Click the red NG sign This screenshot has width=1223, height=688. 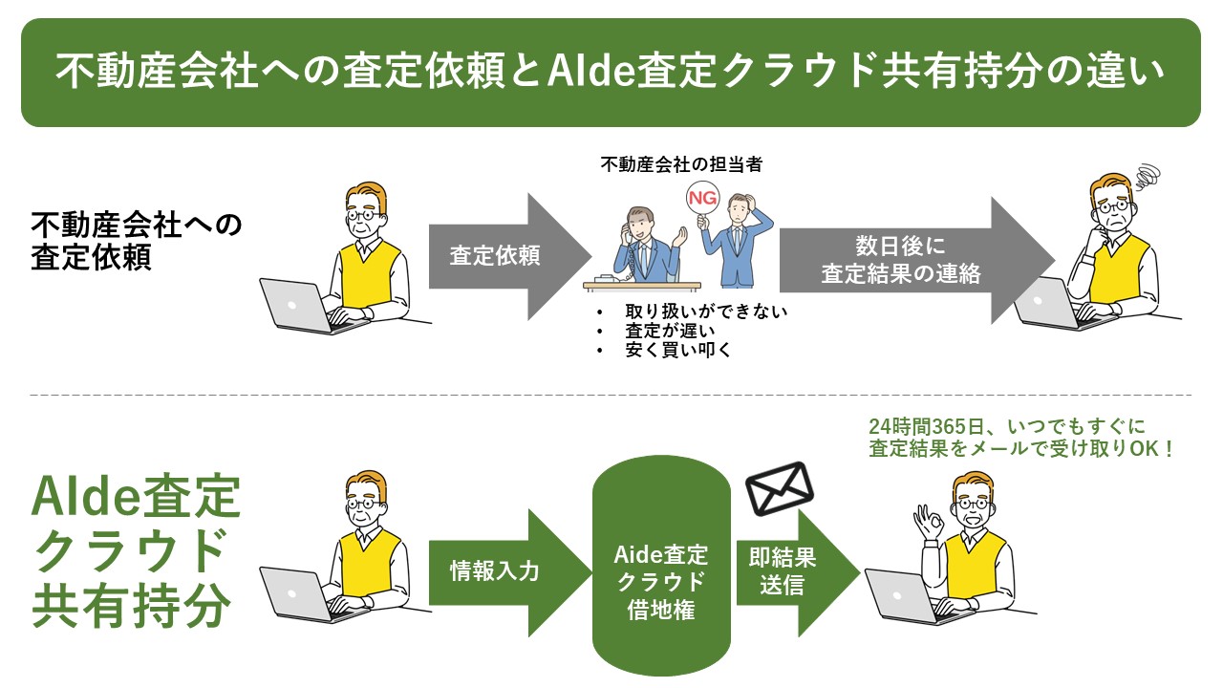click(x=702, y=198)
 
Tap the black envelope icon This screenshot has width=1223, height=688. click(x=780, y=488)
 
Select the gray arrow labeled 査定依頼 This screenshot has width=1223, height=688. click(x=510, y=256)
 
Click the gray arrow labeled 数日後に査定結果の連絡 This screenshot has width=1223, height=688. click(x=916, y=260)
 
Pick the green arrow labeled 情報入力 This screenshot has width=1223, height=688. click(x=510, y=572)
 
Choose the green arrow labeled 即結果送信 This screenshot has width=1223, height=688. click(x=798, y=572)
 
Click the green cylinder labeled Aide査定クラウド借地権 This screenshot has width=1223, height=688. click(x=661, y=566)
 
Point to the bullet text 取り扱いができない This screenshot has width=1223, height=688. click(x=706, y=312)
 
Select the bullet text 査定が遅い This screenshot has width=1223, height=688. click(x=670, y=331)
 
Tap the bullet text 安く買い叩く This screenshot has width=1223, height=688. click(x=678, y=350)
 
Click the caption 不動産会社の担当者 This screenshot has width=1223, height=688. click(x=681, y=163)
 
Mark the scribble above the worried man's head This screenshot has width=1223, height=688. click(x=1148, y=177)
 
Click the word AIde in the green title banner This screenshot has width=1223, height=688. click(x=590, y=71)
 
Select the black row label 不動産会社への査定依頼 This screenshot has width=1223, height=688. click(x=137, y=241)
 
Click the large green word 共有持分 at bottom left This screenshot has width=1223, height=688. click(x=132, y=606)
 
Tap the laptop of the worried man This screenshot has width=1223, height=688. click(x=1057, y=304)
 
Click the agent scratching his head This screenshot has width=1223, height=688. click(x=737, y=240)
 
